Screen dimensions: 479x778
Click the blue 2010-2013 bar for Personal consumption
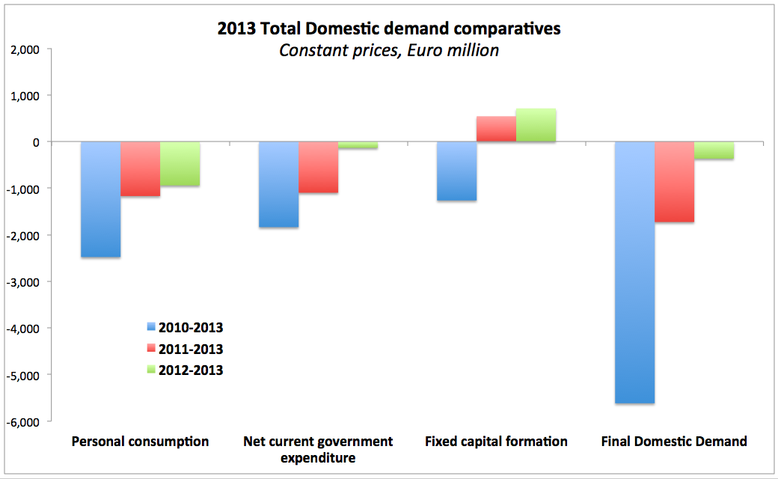tap(101, 199)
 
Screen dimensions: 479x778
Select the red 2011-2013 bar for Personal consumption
tap(141, 169)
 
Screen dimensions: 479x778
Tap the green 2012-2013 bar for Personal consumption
tap(180, 164)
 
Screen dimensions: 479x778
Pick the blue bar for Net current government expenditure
tap(279, 184)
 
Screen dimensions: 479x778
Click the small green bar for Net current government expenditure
tap(358, 145)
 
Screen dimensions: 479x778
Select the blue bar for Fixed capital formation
tap(457, 171)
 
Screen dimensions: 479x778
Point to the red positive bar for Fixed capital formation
tap(497, 129)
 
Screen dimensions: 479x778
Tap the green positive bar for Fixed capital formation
tap(536, 125)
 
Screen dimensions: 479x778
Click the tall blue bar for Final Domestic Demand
tap(635, 272)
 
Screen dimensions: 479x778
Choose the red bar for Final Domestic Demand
tap(675, 182)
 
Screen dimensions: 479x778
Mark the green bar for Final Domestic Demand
tap(714, 150)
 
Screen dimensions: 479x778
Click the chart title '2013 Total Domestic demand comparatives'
tap(389, 30)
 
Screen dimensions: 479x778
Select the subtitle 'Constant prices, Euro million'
tap(389, 51)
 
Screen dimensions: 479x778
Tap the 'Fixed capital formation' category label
tap(496, 442)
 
